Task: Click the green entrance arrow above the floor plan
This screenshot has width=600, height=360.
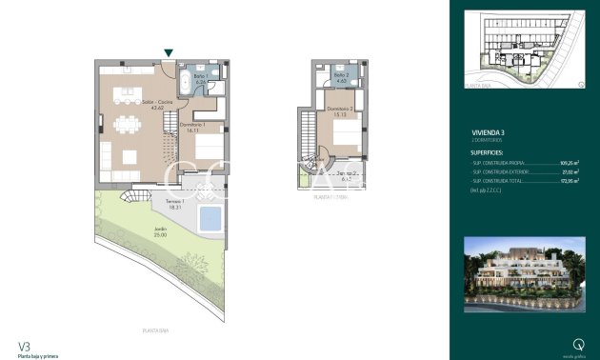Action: [169, 53]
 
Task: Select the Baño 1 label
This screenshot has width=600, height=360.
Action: [200, 78]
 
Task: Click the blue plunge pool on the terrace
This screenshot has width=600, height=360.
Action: [210, 219]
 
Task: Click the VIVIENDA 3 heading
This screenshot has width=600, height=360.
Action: [490, 132]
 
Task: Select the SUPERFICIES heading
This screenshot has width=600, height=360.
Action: [493, 151]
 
